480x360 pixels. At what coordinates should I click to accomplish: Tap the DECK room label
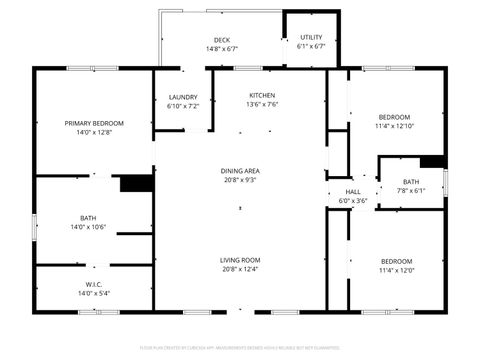(x=221, y=40)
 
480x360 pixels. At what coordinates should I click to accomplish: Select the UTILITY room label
(x=311, y=37)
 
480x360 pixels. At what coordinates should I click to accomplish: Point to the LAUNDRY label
(x=183, y=97)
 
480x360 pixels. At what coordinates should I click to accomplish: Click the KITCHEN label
(x=263, y=95)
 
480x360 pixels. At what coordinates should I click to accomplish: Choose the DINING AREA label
(x=241, y=171)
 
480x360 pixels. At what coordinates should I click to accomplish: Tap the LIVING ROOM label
(x=241, y=260)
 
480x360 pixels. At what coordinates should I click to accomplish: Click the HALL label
(x=353, y=192)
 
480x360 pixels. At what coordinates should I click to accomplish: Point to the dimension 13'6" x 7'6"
(x=263, y=104)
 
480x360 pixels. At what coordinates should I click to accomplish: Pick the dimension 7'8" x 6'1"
(x=411, y=190)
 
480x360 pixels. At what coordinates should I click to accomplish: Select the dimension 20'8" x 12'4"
(x=241, y=269)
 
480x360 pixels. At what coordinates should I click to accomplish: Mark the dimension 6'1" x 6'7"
(x=311, y=46)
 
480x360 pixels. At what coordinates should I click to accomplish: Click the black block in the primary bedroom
(x=135, y=183)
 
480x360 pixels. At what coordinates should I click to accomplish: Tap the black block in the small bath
(x=433, y=162)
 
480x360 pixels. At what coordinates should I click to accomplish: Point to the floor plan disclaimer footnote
(x=240, y=348)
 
